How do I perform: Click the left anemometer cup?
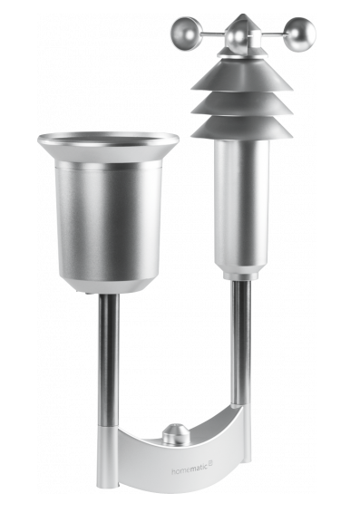(x=188, y=28)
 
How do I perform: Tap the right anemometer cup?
(x=302, y=33)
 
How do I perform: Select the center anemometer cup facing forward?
(x=238, y=39)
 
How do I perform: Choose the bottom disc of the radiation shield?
(x=239, y=124)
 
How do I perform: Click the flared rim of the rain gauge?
(x=108, y=141)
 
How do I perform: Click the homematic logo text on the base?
(x=191, y=471)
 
